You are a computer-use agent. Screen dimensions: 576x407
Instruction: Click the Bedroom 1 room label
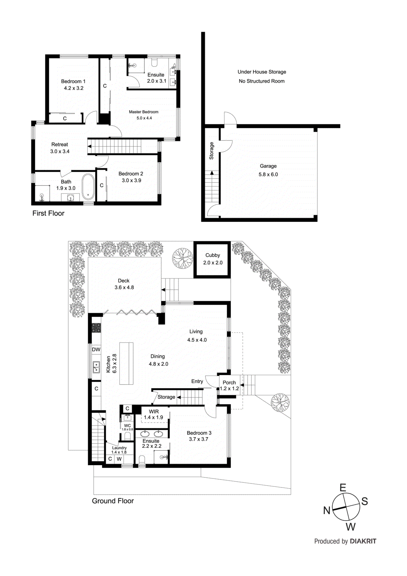click(x=73, y=81)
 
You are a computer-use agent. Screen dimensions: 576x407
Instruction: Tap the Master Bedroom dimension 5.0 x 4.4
click(x=144, y=118)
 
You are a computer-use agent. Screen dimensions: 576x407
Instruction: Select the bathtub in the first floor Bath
click(x=88, y=187)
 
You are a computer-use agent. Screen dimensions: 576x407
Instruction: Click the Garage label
click(x=268, y=166)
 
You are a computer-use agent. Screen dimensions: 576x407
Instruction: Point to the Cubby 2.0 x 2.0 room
click(x=212, y=259)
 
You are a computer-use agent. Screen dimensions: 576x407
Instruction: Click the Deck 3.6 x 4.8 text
click(x=124, y=284)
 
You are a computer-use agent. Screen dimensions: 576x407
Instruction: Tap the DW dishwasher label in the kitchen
click(x=96, y=350)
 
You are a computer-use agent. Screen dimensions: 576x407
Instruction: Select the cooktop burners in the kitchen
click(x=96, y=328)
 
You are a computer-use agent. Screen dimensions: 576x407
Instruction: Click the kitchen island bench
click(x=126, y=363)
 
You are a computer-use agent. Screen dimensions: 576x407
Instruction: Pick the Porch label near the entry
click(x=229, y=383)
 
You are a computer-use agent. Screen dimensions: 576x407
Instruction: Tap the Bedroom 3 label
click(x=199, y=433)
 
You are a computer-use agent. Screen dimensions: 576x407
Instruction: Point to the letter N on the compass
click(x=327, y=510)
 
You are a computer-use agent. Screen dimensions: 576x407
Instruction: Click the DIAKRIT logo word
click(x=363, y=541)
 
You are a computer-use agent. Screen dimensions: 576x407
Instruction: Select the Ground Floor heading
click(x=113, y=501)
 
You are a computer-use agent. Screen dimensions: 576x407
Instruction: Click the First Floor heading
click(x=48, y=213)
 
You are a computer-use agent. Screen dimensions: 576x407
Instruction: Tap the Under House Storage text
click(x=262, y=72)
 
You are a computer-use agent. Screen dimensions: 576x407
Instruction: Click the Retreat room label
click(x=60, y=144)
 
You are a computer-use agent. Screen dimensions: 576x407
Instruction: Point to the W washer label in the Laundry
click(x=119, y=459)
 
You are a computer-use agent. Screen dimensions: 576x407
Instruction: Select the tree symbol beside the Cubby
click(x=183, y=258)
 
